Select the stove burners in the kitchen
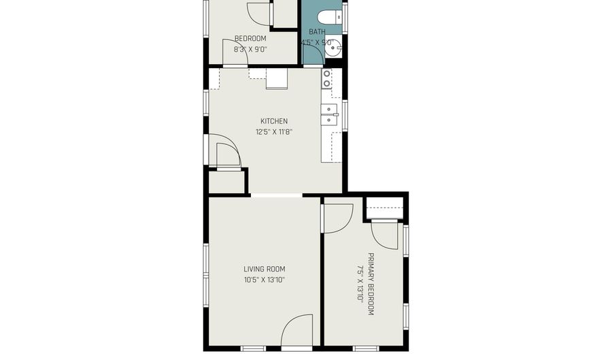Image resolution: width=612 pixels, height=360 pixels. tap(327, 79)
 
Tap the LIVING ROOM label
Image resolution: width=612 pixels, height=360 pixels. tap(265, 268)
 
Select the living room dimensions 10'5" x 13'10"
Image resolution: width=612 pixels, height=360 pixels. tap(265, 280)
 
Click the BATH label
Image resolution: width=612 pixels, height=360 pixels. tap(317, 32)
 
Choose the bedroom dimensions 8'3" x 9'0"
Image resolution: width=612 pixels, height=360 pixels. tap(250, 49)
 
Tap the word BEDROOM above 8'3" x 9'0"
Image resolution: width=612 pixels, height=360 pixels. tap(250, 39)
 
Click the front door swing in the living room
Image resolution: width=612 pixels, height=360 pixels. tap(296, 331)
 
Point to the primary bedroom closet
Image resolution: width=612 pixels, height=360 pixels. tap(385, 208)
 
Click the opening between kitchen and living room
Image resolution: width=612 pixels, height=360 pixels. tap(276, 195)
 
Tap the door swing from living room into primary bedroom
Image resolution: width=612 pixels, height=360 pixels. tap(337, 216)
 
